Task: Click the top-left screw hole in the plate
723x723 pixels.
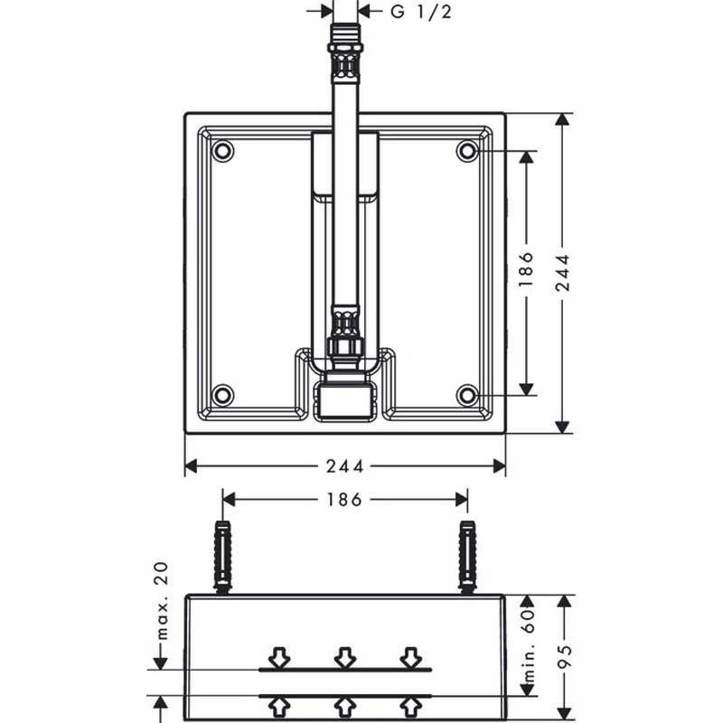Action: tap(222, 151)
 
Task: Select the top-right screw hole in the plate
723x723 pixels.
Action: tap(466, 151)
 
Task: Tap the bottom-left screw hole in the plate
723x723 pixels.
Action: tap(222, 395)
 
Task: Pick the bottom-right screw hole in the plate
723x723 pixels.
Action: tap(466, 395)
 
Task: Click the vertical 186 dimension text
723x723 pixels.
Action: tap(527, 269)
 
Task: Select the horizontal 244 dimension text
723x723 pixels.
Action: tap(346, 466)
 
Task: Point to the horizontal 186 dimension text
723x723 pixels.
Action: tap(344, 499)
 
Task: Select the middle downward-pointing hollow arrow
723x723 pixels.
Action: tap(344, 656)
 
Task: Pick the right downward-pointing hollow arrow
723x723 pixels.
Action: tap(411, 656)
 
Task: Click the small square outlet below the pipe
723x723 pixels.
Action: tap(344, 399)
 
